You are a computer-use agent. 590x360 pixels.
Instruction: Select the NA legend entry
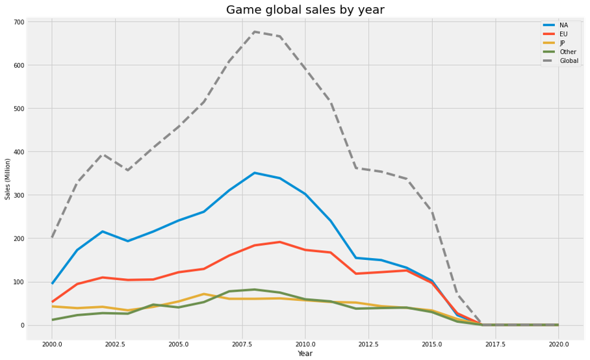click(563, 25)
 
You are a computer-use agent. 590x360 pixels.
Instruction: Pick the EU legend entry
click(563, 34)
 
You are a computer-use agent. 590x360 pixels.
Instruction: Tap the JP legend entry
click(563, 43)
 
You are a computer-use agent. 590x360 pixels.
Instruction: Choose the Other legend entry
click(567, 52)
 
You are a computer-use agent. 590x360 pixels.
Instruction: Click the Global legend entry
click(569, 61)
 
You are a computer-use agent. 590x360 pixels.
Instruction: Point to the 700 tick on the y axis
click(18, 22)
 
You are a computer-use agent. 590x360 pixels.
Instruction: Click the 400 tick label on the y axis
click(18, 152)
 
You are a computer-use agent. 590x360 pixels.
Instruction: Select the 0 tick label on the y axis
click(21, 325)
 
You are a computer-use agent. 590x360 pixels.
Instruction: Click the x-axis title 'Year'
click(305, 354)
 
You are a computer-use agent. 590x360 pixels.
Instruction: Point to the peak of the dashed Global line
click(255, 32)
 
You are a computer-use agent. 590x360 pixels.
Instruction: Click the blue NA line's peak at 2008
click(255, 173)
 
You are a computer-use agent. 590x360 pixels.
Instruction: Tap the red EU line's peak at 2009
click(280, 242)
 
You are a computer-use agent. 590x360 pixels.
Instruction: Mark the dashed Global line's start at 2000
click(53, 237)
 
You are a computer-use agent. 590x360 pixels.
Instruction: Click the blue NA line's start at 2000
click(53, 283)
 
